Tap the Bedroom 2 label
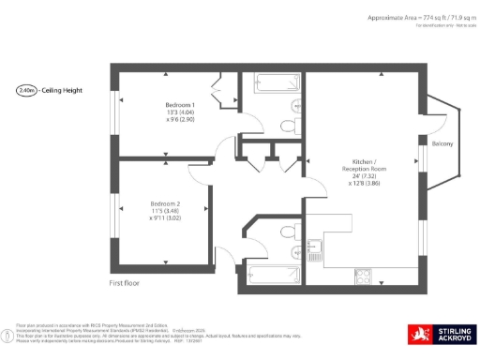tap(165, 203)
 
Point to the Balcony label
tap(442, 143)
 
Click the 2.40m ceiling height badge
tap(26, 91)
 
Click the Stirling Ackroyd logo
tap(441, 334)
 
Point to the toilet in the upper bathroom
tap(289, 123)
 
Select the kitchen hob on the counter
tap(362, 275)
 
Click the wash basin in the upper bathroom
tap(296, 102)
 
